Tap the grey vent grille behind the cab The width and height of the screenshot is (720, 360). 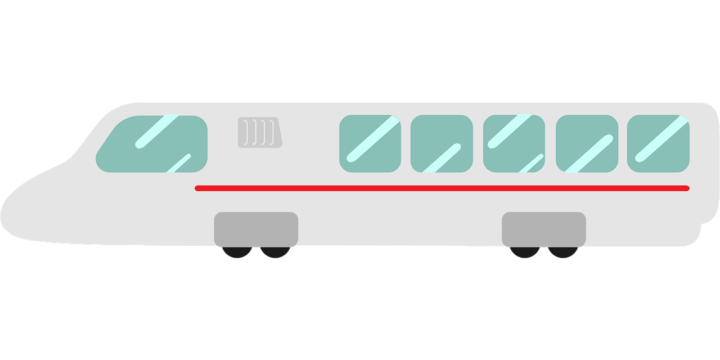259,133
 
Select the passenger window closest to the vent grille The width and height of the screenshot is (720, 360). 370,143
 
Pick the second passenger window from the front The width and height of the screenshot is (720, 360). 441,143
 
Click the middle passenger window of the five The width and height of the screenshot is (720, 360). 514,143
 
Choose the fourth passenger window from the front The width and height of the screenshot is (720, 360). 586,143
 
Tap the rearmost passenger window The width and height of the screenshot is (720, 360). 658,143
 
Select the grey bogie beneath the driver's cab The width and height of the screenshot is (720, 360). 256,229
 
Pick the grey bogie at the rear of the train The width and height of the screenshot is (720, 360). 543,229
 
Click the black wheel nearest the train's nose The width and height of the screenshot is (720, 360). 237,252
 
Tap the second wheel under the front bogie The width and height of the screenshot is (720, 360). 275,252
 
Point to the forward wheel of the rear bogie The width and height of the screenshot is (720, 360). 525,252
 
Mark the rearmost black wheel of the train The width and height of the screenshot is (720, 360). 562,252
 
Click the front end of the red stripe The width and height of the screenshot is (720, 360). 198,188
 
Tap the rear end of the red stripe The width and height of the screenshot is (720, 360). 686,188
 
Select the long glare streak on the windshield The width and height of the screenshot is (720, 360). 156,132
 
